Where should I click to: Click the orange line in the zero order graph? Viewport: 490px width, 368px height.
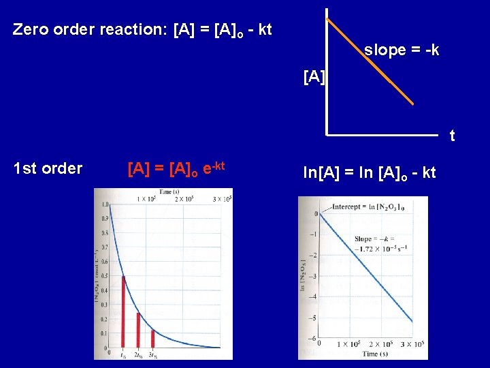click(371, 61)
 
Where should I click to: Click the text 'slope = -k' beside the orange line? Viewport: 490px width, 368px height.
click(402, 50)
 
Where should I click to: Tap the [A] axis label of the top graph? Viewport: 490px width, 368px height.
click(314, 77)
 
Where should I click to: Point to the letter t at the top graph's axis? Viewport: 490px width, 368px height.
click(452, 137)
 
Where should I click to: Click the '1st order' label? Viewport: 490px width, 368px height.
click(48, 168)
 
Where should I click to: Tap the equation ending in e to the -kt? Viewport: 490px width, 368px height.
click(176, 168)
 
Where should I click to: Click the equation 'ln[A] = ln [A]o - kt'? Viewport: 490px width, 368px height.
click(369, 173)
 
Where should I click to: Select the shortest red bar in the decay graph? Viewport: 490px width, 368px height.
click(152, 339)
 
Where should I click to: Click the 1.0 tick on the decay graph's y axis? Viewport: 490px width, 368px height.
click(105, 205)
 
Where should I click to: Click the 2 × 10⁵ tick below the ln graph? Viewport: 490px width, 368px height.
click(378, 346)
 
